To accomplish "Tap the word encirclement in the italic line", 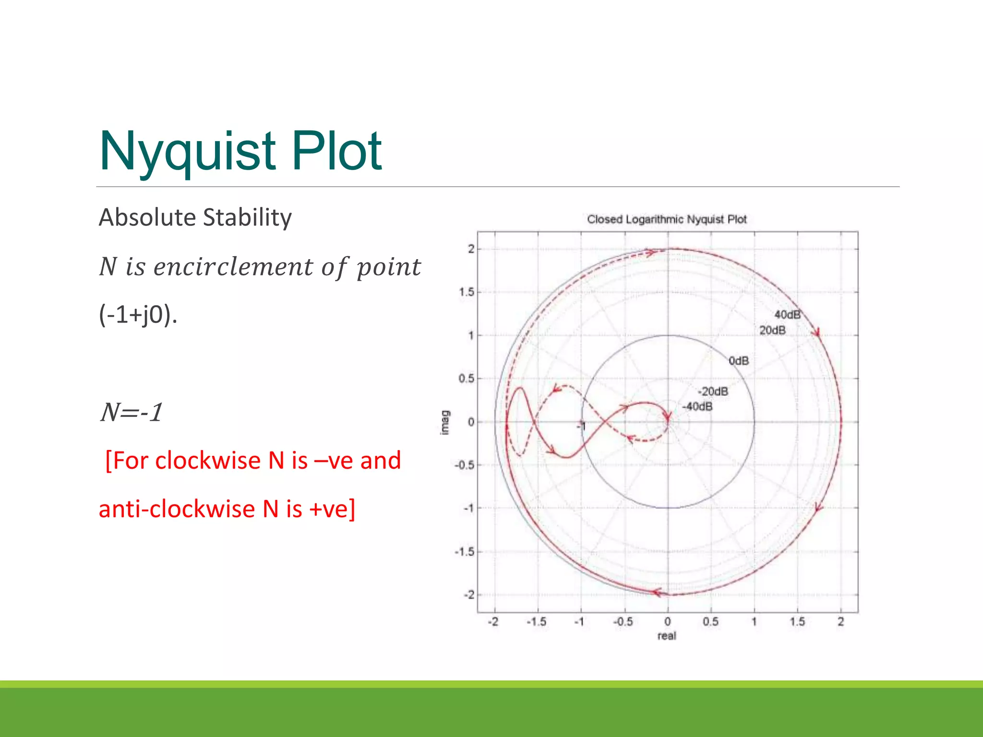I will click(233, 267).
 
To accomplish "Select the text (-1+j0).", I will click(138, 315).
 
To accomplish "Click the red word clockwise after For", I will click(207, 461).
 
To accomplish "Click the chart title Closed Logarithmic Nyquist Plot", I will click(667, 219).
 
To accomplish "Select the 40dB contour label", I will click(787, 315).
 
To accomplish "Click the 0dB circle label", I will click(738, 361).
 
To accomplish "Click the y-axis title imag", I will click(445, 422).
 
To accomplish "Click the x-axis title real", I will click(667, 636).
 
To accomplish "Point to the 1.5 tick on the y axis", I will click(466, 292).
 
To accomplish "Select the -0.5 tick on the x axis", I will click(623, 622).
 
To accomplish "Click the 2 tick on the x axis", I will click(840, 622).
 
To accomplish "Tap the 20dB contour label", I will click(772, 330).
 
